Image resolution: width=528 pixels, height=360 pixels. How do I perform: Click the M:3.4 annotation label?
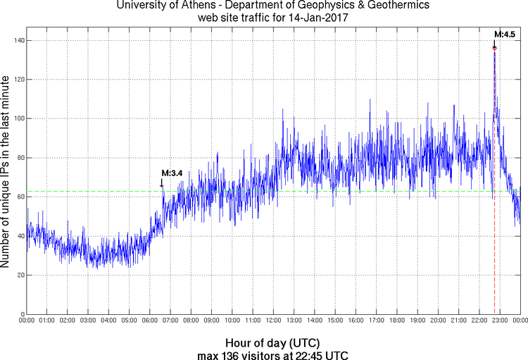[x=172, y=173]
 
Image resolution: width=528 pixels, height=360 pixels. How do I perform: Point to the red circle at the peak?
[x=494, y=48]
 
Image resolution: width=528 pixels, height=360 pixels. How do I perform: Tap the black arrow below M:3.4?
[x=163, y=182]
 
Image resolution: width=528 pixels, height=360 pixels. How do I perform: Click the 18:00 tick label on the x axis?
[x=397, y=321]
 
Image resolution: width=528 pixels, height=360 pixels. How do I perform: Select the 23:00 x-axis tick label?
[x=500, y=321]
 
